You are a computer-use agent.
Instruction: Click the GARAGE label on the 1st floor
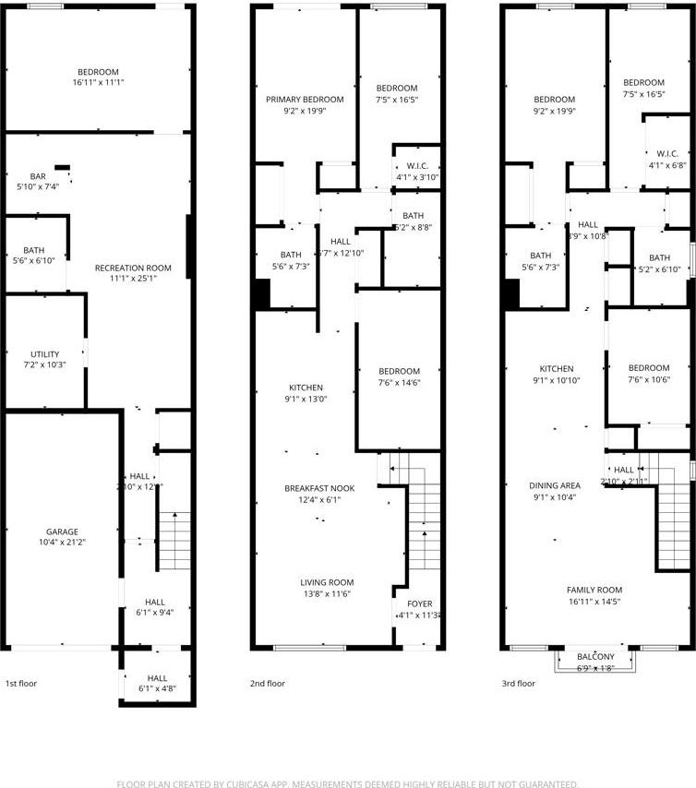tap(62, 531)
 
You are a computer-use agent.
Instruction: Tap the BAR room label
tap(38, 176)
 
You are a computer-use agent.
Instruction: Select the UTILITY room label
tap(44, 354)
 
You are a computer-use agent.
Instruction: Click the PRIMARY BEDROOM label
tap(305, 100)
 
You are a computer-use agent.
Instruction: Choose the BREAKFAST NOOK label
tap(320, 488)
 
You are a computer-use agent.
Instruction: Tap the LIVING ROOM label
tap(327, 582)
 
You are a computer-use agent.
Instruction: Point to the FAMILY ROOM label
tap(594, 590)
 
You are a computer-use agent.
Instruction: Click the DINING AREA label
tap(555, 485)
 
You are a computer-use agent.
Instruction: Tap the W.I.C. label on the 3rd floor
tap(667, 153)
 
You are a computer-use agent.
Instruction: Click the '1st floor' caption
tap(23, 684)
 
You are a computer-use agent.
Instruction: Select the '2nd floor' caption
tap(268, 684)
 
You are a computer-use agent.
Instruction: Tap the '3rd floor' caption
tap(518, 684)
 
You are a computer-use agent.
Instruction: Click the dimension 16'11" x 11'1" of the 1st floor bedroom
tap(98, 83)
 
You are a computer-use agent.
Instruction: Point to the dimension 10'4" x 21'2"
tap(62, 543)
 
